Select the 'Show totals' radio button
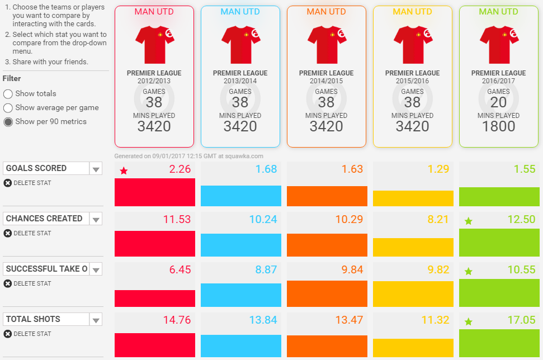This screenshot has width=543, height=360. (x=8, y=94)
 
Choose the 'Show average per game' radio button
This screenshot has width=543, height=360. (x=8, y=108)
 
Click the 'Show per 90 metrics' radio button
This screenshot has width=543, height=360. (x=8, y=122)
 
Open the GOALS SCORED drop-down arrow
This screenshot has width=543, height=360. (x=96, y=169)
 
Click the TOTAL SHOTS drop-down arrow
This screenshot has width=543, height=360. (x=96, y=320)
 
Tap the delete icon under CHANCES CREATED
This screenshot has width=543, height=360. (x=7, y=233)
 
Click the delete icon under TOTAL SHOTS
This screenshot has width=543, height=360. (x=7, y=334)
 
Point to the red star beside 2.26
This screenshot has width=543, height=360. (x=124, y=171)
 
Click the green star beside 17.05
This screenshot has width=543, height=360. (x=469, y=322)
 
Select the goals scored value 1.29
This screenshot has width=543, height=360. (x=438, y=169)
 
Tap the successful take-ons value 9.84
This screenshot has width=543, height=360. (x=352, y=269)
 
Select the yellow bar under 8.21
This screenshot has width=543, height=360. (x=413, y=247)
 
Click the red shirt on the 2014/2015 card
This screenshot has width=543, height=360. (x=327, y=45)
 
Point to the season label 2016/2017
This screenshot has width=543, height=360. (x=498, y=81)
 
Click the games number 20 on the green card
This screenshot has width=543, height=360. (x=498, y=102)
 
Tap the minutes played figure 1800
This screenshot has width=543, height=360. (x=498, y=126)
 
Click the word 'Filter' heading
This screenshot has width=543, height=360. (x=12, y=79)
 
